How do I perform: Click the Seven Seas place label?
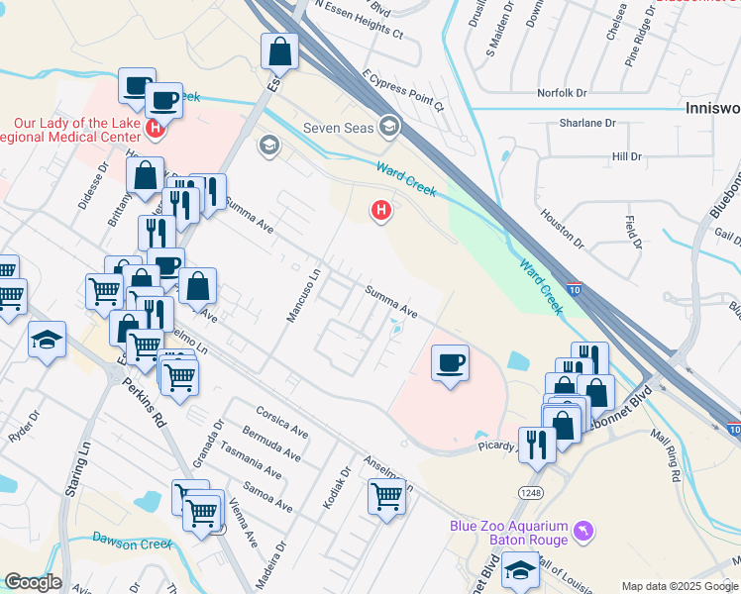(340, 126)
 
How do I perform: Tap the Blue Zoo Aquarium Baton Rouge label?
(508, 533)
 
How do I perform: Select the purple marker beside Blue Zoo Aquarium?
(584, 533)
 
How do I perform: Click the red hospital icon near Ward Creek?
(379, 210)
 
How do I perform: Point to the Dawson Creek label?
(133, 542)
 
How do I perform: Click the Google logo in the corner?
(33, 582)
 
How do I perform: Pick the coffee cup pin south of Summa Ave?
(450, 363)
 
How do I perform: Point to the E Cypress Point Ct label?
(403, 89)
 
